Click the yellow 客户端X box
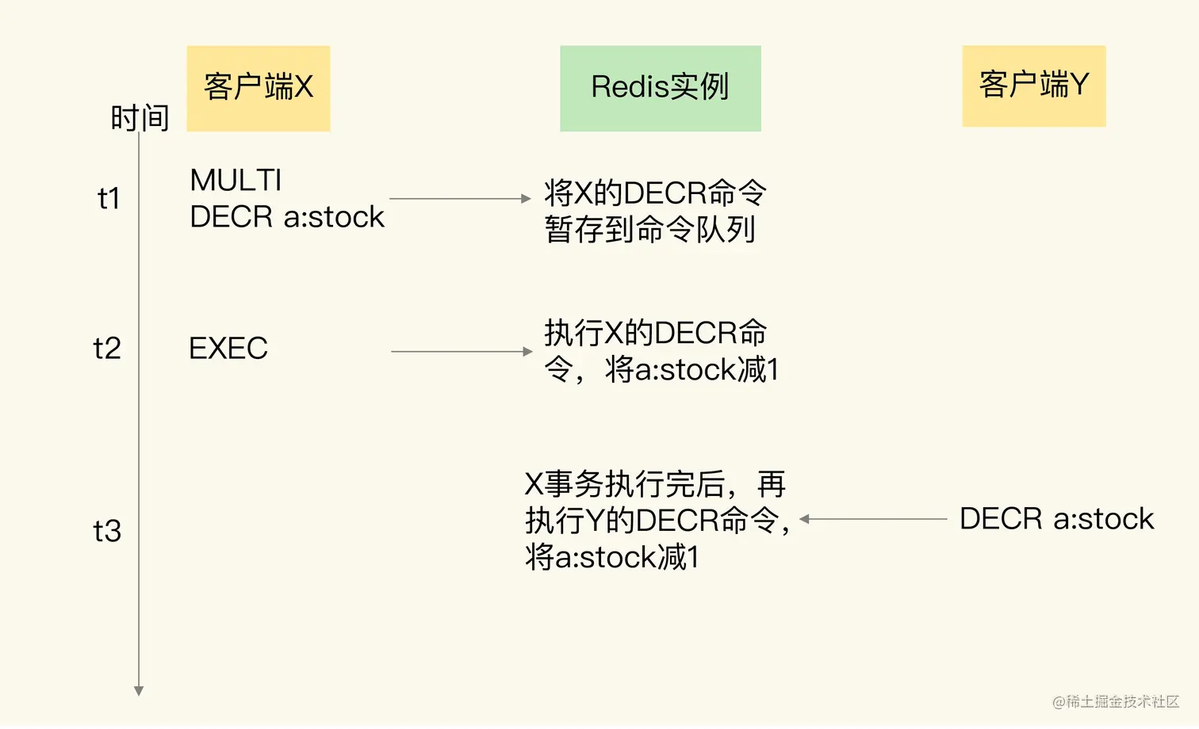[x=259, y=88]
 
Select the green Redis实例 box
[x=660, y=88]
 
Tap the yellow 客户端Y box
[x=1033, y=86]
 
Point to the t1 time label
[x=109, y=198]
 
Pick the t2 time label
[x=107, y=349]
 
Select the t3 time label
[x=107, y=531]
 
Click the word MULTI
[x=236, y=181]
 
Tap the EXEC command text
[x=228, y=349]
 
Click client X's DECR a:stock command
[x=287, y=217]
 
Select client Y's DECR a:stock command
[x=1056, y=519]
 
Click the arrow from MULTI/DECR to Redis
[x=460, y=199]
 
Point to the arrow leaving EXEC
[x=462, y=351]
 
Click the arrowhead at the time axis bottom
[x=139, y=691]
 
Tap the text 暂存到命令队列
[x=650, y=230]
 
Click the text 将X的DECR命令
[x=655, y=193]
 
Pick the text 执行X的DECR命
[x=655, y=334]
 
